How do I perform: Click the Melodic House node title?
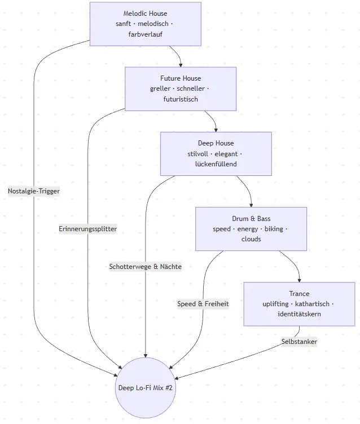(145, 14)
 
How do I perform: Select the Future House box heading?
(180, 78)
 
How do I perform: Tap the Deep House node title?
(216, 143)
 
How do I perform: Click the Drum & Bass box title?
(251, 218)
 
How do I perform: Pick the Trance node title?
(299, 294)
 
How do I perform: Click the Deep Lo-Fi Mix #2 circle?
(146, 387)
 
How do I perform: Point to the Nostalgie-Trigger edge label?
(34, 191)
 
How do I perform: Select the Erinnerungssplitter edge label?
(87, 229)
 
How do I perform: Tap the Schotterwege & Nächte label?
(146, 267)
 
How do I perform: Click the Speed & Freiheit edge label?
(203, 303)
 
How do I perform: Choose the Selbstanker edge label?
(299, 341)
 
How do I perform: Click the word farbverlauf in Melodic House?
(145, 34)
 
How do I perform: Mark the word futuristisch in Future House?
(180, 99)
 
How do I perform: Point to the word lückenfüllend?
(216, 164)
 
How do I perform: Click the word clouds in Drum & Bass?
(251, 239)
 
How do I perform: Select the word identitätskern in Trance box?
(299, 314)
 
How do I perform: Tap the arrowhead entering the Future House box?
(181, 64)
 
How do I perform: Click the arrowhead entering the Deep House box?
(216, 129)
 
